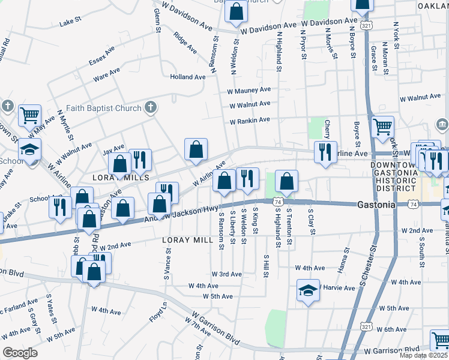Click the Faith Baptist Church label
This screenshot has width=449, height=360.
(x=104, y=108)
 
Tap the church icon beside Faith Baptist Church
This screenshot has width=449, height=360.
(x=151, y=108)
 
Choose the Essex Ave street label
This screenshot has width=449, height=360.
(x=101, y=58)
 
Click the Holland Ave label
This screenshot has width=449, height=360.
(x=187, y=77)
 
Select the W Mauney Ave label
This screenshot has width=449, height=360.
(x=249, y=90)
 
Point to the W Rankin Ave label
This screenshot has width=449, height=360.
(x=250, y=121)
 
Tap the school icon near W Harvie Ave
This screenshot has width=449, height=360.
(x=308, y=292)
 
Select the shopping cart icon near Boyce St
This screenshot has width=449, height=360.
(x=382, y=127)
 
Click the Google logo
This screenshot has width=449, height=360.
(x=20, y=353)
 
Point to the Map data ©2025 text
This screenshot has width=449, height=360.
(x=423, y=355)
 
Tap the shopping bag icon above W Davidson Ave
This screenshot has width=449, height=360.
(x=237, y=11)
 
